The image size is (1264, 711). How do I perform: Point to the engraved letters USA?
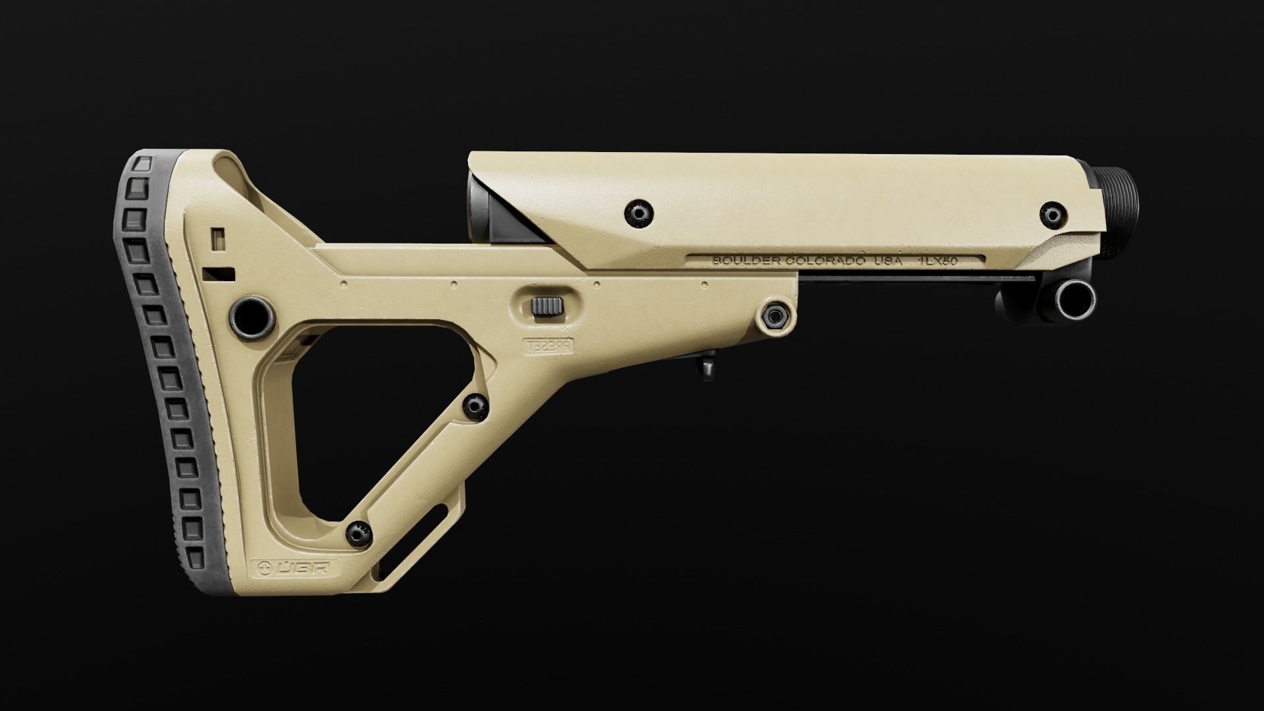click(x=887, y=261)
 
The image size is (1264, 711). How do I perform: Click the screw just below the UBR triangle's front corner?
click(x=474, y=406)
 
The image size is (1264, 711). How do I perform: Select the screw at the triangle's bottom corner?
click(x=357, y=533)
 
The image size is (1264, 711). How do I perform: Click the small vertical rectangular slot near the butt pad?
click(x=217, y=237)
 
